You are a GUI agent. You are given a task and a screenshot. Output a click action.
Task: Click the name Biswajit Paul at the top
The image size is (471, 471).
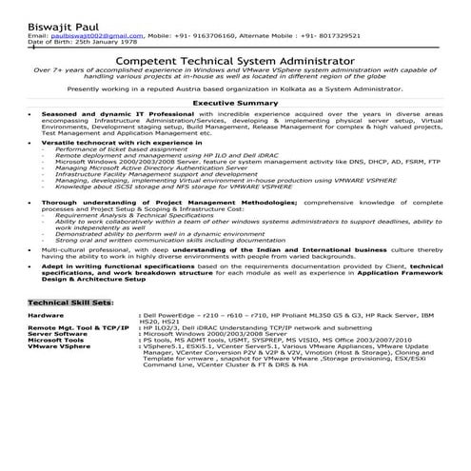(63, 15)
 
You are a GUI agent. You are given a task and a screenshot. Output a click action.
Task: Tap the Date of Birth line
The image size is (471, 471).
(84, 42)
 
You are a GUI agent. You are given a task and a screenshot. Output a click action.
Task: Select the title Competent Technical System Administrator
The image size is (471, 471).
(235, 60)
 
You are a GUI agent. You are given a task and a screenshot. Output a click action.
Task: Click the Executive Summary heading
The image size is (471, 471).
(235, 102)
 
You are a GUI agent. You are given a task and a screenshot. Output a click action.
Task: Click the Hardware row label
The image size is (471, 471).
(47, 314)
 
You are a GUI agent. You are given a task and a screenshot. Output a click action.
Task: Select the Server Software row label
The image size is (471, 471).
(58, 334)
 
